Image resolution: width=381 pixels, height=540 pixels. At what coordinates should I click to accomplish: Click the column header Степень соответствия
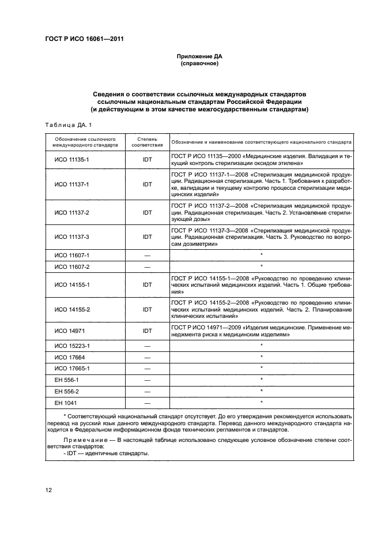[147, 142]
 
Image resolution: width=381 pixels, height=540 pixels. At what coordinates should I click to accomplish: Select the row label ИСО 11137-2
[67, 212]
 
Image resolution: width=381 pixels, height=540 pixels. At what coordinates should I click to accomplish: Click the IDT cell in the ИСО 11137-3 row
[147, 237]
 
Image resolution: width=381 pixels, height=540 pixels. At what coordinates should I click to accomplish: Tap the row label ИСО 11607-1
[67, 254]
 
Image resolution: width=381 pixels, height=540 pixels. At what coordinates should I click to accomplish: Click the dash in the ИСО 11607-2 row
[147, 267]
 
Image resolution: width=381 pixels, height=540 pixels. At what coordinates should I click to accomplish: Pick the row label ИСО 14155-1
[67, 284]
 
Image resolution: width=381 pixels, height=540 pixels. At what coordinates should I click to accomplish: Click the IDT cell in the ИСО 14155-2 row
[147, 309]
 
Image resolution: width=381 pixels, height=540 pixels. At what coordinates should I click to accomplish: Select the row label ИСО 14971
[67, 331]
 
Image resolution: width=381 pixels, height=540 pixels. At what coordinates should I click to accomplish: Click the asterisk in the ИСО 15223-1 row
[262, 346]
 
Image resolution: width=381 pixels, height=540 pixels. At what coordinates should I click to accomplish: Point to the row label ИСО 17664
[67, 357]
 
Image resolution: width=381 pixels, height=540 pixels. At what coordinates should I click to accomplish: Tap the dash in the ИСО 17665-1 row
[147, 368]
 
